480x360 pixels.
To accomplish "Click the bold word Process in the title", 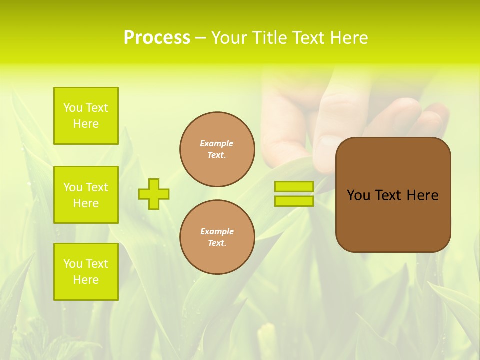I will click(157, 38).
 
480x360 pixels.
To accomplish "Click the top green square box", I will click(86, 116).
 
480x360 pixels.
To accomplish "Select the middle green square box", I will click(86, 195).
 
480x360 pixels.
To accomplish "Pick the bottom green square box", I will click(86, 272).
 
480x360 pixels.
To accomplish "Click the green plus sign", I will click(154, 194).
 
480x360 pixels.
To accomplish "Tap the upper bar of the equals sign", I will click(294, 186).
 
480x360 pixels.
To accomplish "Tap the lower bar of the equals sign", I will click(294, 201).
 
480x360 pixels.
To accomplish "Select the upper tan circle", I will click(217, 149).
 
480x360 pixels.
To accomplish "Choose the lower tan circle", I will click(217, 237).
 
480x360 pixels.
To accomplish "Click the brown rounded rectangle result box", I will click(393, 195).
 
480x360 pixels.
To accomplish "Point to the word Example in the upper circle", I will click(217, 143).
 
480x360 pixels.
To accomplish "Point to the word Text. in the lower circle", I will click(217, 243).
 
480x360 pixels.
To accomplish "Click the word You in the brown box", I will click(359, 195).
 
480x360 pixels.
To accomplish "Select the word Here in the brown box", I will click(422, 195).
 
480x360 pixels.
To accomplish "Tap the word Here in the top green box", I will click(86, 124).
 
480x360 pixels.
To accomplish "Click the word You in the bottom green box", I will click(73, 264).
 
